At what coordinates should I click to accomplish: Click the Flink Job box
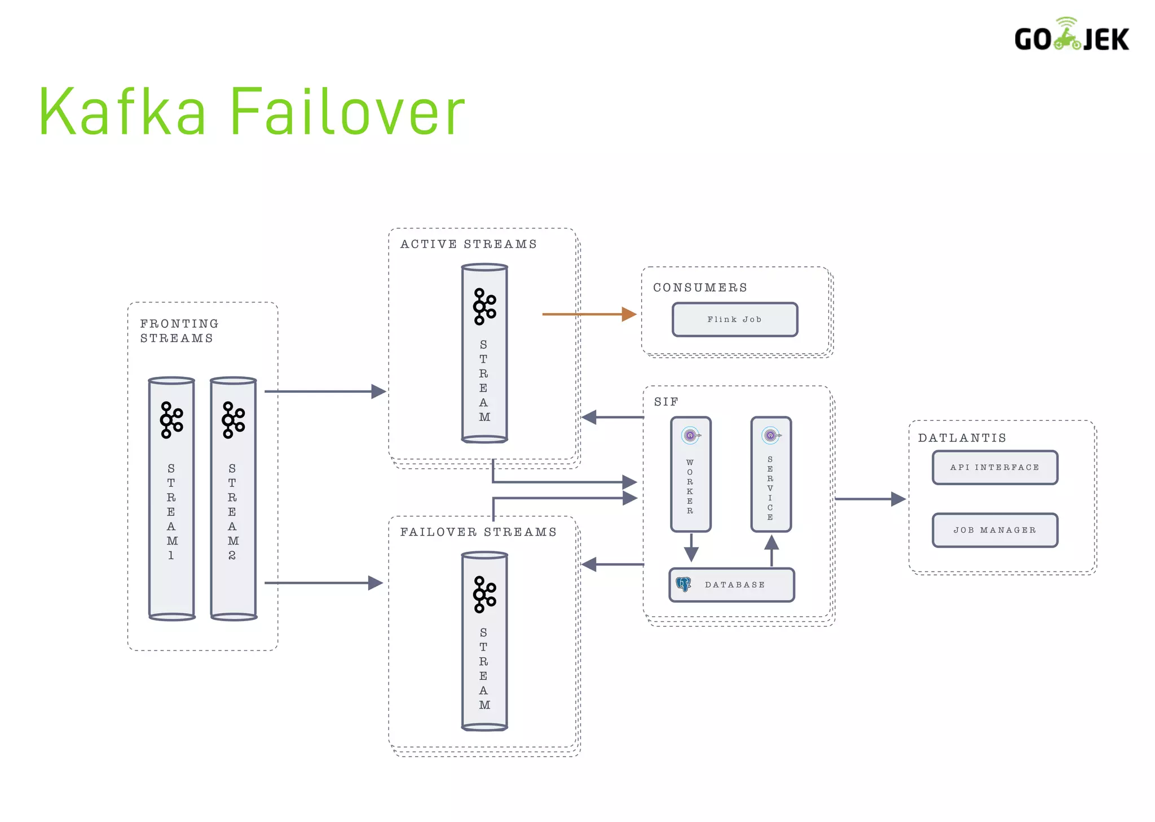point(734,319)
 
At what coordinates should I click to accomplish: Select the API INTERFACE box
point(994,467)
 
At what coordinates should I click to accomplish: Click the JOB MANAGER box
point(994,530)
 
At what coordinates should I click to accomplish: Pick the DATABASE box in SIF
point(732,584)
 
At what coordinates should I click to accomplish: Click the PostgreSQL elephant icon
point(684,584)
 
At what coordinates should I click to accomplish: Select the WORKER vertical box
point(690,474)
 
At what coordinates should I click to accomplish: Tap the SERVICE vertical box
point(770,474)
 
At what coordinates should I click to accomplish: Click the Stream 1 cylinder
point(171,499)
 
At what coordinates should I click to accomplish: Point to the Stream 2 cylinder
point(233,499)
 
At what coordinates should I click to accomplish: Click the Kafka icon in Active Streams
point(484,306)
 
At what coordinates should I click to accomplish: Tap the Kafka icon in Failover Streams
point(484,594)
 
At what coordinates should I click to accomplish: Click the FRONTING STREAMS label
point(178,331)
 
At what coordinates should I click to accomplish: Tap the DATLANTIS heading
point(962,438)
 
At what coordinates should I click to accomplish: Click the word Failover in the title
point(347,112)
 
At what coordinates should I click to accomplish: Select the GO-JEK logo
point(1071,36)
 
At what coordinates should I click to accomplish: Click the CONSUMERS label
point(700,288)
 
